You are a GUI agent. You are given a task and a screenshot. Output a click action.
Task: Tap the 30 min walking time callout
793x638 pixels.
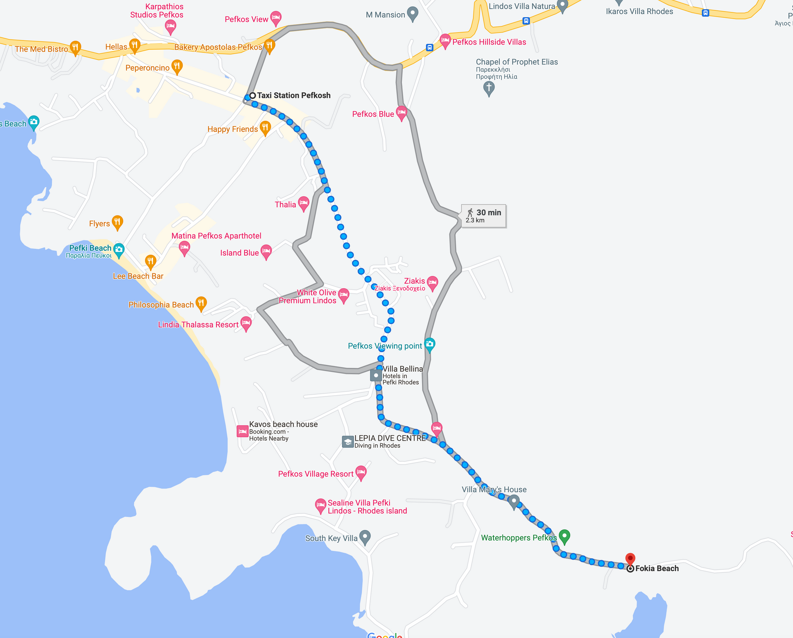[484, 216]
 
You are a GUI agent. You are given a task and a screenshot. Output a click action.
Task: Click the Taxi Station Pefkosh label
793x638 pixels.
[294, 95]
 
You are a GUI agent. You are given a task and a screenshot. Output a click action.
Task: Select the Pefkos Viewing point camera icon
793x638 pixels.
[430, 344]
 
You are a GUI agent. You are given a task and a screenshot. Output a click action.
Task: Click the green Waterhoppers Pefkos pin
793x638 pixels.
[564, 536]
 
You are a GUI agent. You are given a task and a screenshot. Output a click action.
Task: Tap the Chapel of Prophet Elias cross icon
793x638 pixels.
[489, 88]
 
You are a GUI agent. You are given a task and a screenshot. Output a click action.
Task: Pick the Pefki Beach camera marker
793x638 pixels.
[119, 249]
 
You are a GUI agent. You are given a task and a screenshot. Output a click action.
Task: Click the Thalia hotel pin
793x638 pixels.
[304, 203]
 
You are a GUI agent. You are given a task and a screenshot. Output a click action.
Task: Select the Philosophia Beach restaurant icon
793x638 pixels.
[201, 303]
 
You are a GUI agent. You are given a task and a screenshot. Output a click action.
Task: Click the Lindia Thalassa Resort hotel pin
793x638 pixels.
[246, 323]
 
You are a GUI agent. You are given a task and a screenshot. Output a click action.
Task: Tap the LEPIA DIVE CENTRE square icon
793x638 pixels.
[348, 442]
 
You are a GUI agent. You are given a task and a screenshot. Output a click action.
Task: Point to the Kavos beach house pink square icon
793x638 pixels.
[242, 431]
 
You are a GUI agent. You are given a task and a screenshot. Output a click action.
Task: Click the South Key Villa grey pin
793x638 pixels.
[365, 537]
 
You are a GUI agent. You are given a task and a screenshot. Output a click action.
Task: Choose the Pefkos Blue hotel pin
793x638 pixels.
[401, 112]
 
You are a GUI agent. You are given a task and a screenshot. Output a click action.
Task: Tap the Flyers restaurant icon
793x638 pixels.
[117, 222]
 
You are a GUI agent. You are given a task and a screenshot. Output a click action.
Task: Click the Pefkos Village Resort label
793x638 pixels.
[316, 474]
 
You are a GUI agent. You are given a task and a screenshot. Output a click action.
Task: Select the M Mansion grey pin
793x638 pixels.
[412, 13]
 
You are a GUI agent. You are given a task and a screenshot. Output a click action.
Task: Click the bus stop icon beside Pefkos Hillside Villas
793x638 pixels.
[430, 47]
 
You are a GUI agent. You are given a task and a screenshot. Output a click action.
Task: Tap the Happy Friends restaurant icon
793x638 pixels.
[265, 128]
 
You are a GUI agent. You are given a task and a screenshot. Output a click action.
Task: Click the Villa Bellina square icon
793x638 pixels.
[376, 375]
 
